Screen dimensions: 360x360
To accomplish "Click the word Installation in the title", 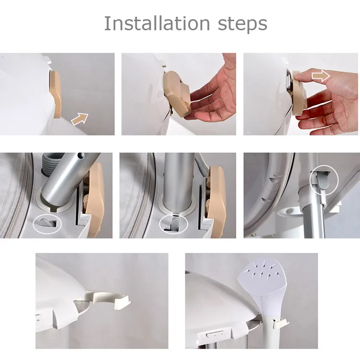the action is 157,23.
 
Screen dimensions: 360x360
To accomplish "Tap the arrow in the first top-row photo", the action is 80,119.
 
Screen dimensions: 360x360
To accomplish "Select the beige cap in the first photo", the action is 55,95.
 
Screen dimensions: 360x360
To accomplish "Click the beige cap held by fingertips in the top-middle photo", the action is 177,94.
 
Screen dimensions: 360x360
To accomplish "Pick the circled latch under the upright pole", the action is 173,223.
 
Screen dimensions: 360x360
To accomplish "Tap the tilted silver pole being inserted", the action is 69,179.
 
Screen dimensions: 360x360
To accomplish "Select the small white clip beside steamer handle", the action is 281,324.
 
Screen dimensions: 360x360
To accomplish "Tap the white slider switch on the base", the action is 215,335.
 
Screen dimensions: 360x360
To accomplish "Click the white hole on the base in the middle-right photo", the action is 290,212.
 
